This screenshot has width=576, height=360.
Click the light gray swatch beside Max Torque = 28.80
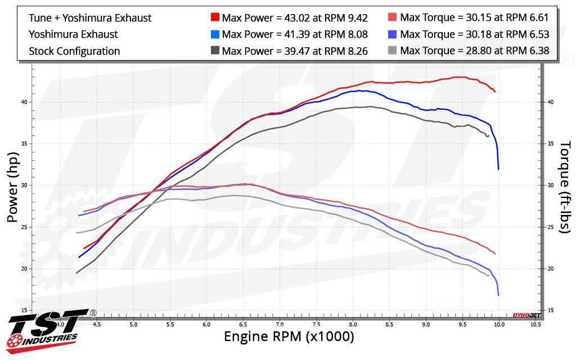pyautogui.click(x=393, y=51)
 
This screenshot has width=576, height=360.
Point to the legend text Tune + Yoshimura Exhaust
pyautogui.click(x=90, y=18)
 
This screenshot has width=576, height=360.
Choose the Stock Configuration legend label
pyautogui.click(x=74, y=51)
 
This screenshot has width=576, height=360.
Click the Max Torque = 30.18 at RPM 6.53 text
pyautogui.click(x=474, y=34)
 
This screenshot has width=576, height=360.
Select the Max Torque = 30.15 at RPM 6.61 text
pyautogui.click(x=474, y=18)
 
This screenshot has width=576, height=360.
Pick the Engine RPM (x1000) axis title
pyautogui.click(x=289, y=337)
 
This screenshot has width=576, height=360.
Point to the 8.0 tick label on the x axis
pyautogui.click(x=353, y=325)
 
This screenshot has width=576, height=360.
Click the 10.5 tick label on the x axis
pyautogui.click(x=535, y=325)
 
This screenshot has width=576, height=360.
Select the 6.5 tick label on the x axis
pyautogui.click(x=243, y=325)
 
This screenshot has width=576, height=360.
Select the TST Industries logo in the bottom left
pyautogui.click(x=45, y=328)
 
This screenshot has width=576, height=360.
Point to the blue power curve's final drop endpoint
pyautogui.click(x=498, y=169)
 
